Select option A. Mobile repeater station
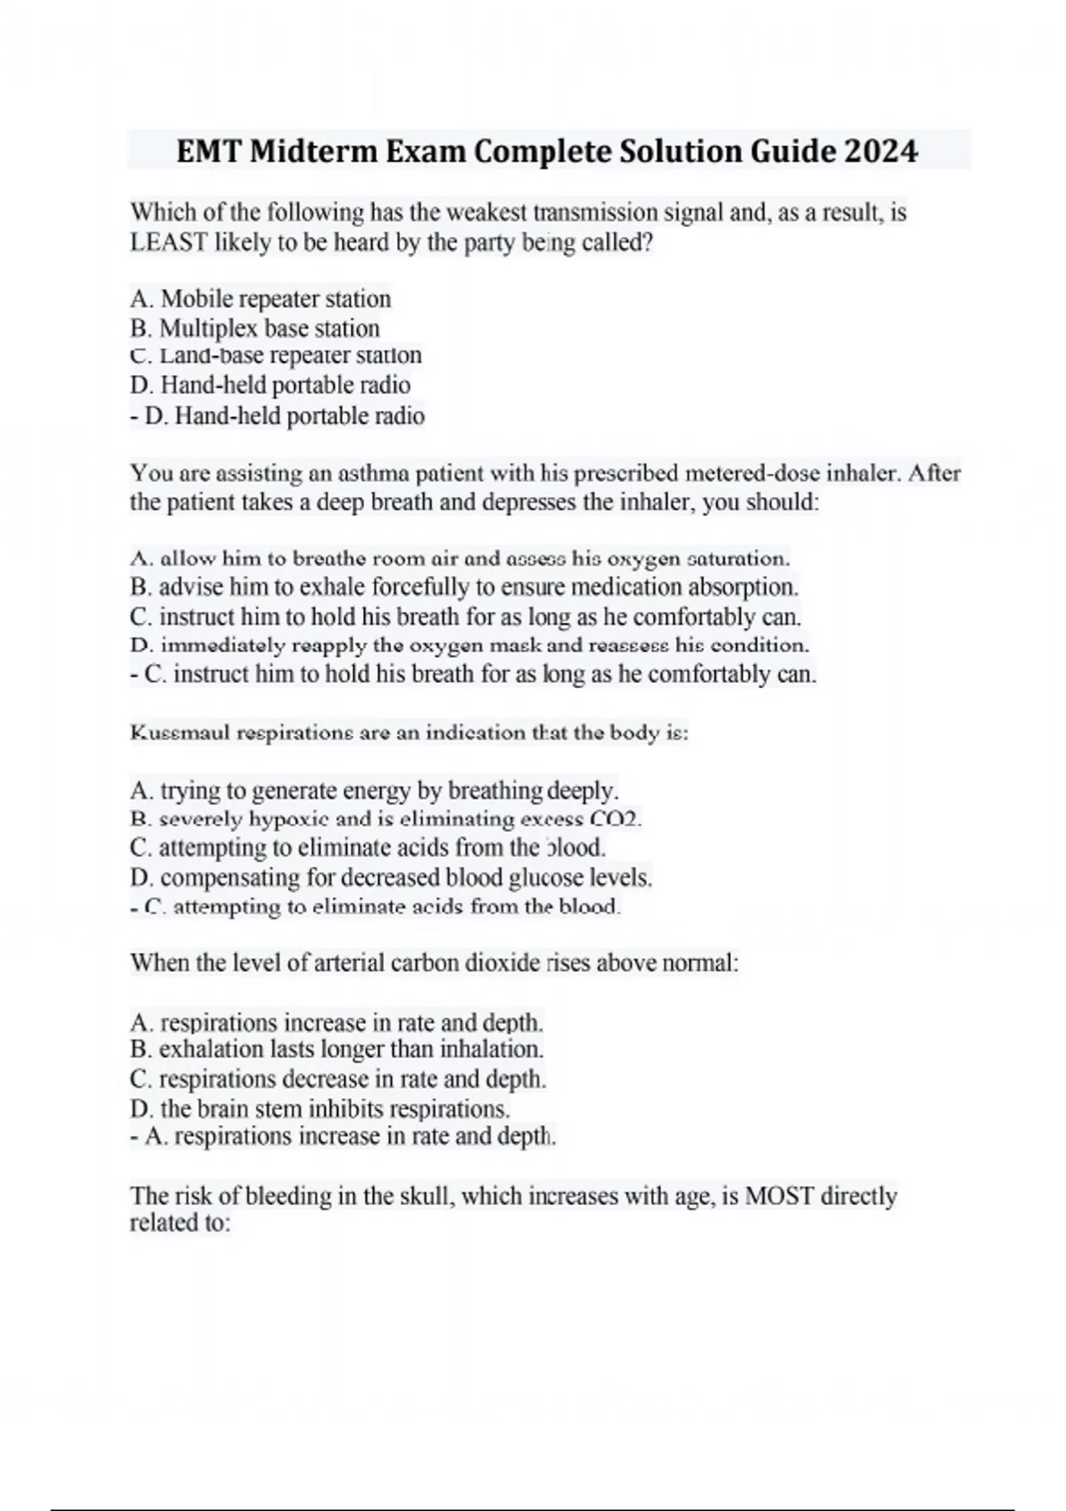coord(260,299)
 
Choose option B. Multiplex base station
coord(255,328)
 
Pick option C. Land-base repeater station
coord(275,356)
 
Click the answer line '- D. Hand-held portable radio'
coord(277,416)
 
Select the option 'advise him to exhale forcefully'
coord(464,588)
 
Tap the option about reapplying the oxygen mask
coord(469,645)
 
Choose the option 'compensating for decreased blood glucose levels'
coord(391,878)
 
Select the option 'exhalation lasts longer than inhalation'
coord(337,1050)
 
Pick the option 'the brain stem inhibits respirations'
coord(320,1109)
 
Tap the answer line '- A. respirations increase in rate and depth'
coord(343,1137)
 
